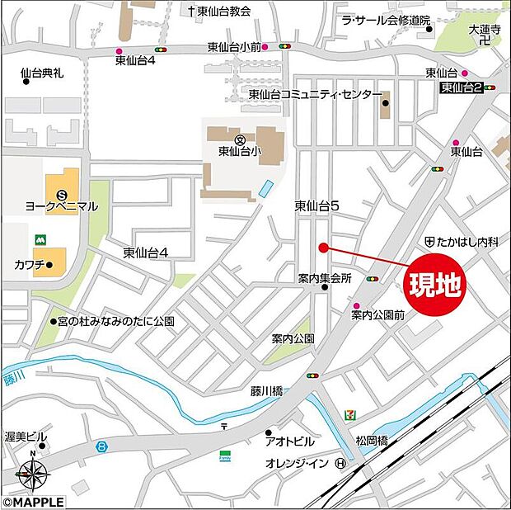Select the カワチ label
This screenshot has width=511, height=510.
tap(30, 265)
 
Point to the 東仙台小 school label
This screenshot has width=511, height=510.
tap(240, 151)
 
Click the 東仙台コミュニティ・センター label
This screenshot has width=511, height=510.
tap(314, 95)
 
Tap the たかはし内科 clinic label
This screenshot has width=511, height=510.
tap(468, 242)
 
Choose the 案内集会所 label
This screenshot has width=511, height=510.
tap(325, 279)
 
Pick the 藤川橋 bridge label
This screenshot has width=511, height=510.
tap(267, 390)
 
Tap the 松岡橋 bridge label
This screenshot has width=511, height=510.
tap(372, 442)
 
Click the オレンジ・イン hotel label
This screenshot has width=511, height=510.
tap(298, 463)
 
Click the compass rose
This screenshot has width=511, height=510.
tap(32, 475)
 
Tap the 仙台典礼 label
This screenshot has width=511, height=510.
tap(41, 73)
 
